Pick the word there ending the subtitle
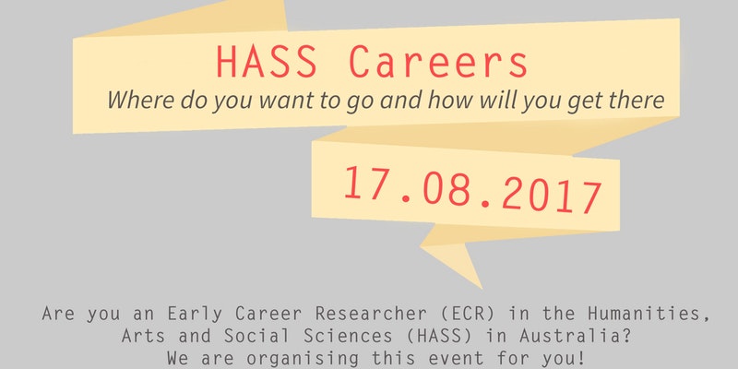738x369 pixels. coord(641,100)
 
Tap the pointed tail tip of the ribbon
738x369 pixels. coord(482,288)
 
